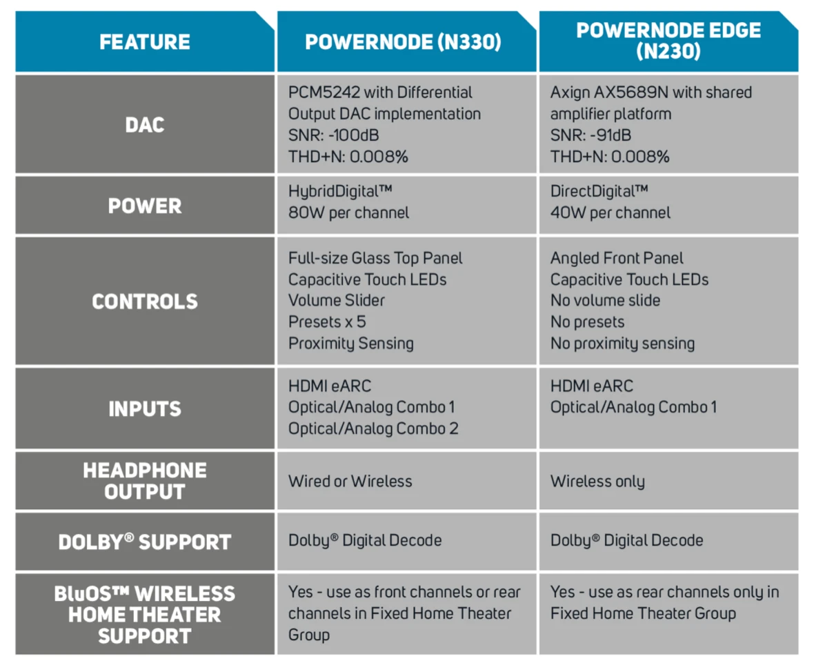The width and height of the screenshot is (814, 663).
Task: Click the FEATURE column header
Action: tap(144, 42)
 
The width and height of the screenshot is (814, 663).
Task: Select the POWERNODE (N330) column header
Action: tap(403, 42)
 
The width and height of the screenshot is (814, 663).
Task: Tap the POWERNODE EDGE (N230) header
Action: tap(668, 41)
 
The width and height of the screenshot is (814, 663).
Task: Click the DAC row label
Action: tap(144, 125)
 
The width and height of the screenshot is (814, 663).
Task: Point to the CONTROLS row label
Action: tap(145, 301)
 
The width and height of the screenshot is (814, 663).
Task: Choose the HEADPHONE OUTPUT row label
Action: tap(145, 481)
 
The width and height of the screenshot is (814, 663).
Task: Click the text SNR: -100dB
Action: tap(333, 135)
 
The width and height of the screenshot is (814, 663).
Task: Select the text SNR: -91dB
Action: tap(590, 135)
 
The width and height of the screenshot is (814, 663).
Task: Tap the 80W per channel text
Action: tap(348, 213)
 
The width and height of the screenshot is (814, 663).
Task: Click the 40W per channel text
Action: tap(610, 213)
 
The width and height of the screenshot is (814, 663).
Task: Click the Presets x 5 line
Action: tap(327, 322)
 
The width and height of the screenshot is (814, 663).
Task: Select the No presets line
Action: tap(587, 322)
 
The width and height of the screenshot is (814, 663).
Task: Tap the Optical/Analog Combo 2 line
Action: tap(373, 429)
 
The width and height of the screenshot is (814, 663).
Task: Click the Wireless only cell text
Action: tap(597, 482)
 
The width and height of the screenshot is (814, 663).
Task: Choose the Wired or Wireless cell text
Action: tap(350, 482)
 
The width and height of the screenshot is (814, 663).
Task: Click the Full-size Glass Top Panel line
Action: tap(375, 258)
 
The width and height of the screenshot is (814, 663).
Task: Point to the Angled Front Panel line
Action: tap(617, 259)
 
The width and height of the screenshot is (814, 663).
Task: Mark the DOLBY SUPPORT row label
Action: tap(145, 542)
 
